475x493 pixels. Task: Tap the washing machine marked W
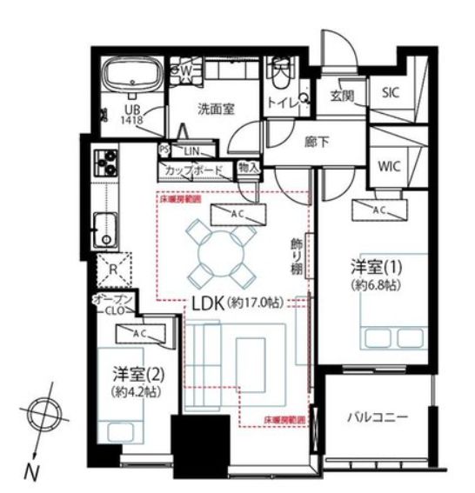click(x=185, y=67)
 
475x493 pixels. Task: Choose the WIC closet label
click(x=388, y=166)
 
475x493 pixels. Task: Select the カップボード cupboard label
click(x=193, y=170)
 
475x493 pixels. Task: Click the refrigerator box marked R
click(x=112, y=270)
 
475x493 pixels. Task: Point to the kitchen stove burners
click(x=107, y=162)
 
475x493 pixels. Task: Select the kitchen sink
click(x=106, y=227)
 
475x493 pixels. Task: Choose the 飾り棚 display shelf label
click(x=296, y=254)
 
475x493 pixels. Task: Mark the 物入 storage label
click(x=248, y=167)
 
